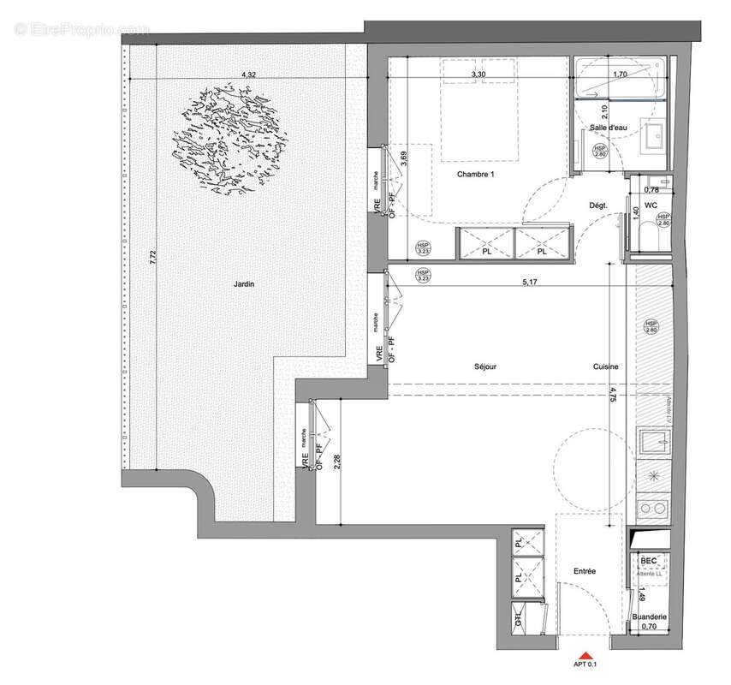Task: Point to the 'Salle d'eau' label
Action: click(608, 128)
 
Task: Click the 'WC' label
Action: click(651, 205)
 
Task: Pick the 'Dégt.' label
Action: click(598, 205)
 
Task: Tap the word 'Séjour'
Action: click(485, 366)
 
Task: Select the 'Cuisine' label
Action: click(605, 366)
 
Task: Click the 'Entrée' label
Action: click(585, 571)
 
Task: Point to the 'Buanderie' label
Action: click(650, 616)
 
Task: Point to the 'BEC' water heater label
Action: click(649, 561)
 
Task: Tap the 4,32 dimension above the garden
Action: click(248, 75)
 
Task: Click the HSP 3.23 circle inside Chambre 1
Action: click(423, 248)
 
